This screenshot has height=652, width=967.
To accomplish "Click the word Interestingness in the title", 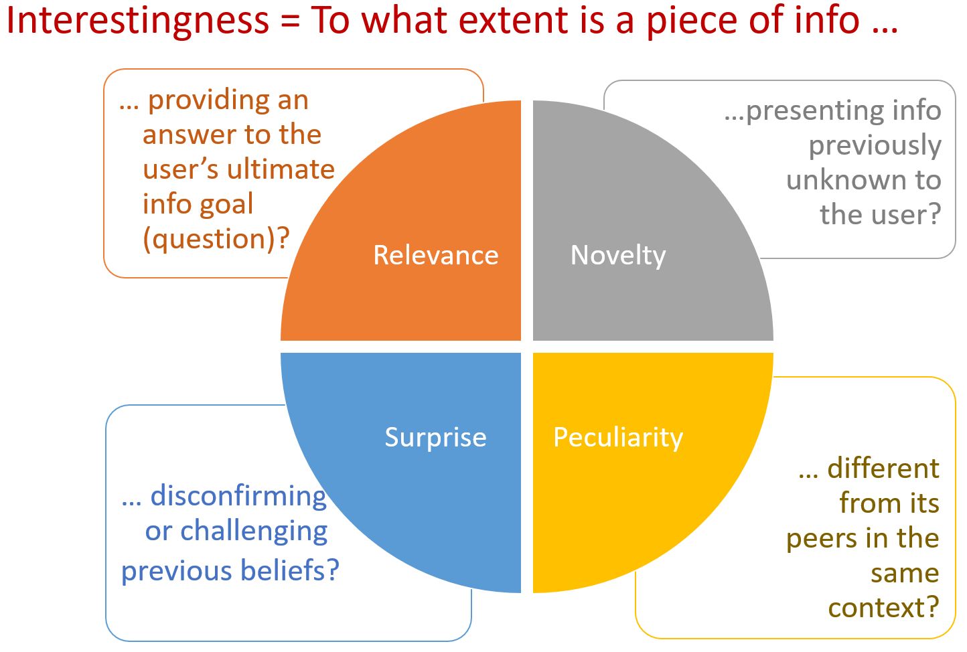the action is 138,21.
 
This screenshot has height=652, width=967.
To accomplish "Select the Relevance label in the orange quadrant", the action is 435,255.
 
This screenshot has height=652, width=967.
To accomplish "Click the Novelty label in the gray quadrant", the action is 618,256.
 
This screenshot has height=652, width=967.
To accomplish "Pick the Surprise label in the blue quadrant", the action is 435,438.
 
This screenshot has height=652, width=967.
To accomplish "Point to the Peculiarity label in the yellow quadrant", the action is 618,438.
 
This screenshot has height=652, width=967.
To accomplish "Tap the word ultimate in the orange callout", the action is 281,169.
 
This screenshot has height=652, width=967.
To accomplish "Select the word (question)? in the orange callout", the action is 216,238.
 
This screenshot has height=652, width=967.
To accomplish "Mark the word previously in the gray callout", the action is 875,146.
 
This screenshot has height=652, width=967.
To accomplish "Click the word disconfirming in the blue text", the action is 238,496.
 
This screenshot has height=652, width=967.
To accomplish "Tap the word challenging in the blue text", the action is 254,532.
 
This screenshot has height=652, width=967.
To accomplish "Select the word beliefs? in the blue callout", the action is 290,570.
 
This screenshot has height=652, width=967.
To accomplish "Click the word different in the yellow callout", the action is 883,468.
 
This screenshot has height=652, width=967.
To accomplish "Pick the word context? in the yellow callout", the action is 884,608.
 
